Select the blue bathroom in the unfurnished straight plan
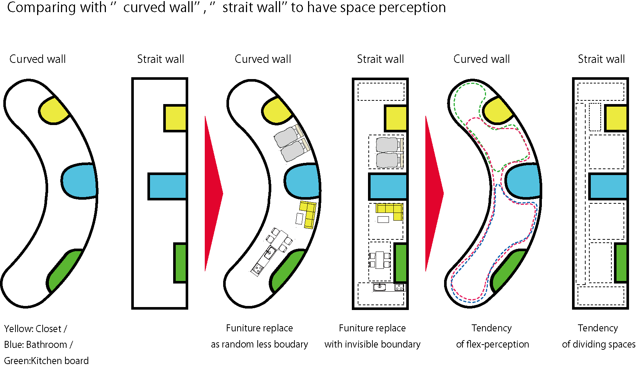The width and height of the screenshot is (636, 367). (x=167, y=186)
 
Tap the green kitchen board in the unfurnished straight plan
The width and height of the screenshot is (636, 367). (x=180, y=263)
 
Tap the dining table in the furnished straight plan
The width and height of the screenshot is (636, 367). (x=379, y=260)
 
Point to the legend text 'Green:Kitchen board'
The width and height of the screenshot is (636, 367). (x=46, y=361)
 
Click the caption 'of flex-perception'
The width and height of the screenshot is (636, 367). (x=492, y=345)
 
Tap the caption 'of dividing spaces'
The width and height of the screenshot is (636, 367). (x=599, y=345)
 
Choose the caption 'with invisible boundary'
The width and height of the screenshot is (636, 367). (x=372, y=345)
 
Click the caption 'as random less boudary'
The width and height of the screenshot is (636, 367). (x=260, y=345)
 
